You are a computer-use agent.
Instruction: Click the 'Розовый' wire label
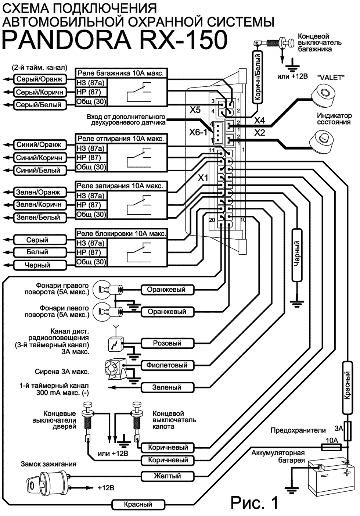167,343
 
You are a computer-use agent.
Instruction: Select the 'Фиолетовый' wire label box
167,365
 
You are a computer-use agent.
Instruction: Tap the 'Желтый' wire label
167,476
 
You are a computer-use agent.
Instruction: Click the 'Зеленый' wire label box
167,387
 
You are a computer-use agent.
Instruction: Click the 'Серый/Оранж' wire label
40,79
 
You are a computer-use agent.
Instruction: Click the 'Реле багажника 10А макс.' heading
120,72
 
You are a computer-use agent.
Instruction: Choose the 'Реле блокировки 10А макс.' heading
121,233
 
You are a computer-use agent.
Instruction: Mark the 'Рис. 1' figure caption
255,502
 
